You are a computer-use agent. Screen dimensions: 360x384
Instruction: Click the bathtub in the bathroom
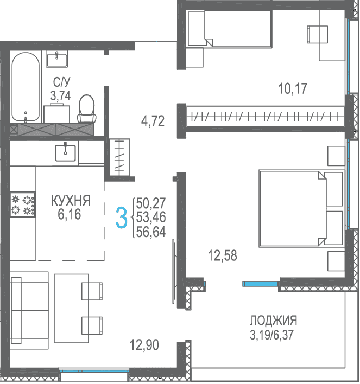pos(26,87)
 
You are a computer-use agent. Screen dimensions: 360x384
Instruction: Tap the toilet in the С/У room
pos(86,108)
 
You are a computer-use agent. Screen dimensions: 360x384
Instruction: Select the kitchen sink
pos(65,153)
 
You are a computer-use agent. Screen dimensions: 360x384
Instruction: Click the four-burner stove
pos(22,204)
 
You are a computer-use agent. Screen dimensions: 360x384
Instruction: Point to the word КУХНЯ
pos(71,201)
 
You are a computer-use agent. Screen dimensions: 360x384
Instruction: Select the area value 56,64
pos(151,232)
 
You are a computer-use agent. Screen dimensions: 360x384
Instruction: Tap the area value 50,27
pos(151,203)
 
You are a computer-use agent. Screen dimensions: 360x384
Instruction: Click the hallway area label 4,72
pos(153,121)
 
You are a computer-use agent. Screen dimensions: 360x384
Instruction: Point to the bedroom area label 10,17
pos(293,88)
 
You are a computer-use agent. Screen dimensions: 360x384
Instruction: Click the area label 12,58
pos(223,255)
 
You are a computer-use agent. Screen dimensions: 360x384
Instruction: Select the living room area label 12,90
pos(144,344)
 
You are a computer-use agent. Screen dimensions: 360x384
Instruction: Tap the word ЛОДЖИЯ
pos(274,321)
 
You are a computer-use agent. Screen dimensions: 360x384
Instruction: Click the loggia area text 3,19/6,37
pos(271,335)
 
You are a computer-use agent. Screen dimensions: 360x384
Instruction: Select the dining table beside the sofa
pos(71,308)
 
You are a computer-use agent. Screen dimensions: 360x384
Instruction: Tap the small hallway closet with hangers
pos(119,157)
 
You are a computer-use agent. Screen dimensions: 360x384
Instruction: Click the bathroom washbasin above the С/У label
pos(57,59)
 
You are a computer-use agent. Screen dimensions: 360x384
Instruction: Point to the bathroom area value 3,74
pos(61,95)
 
